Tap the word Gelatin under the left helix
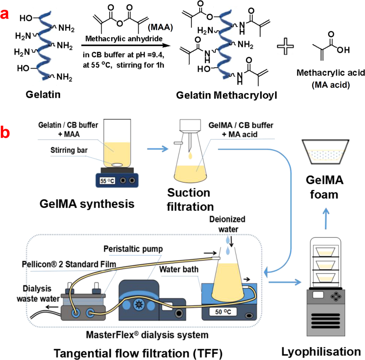[43, 94]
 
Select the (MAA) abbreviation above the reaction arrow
[160, 27]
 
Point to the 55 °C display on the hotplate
[107, 181]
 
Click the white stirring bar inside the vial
[117, 164]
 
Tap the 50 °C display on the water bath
[223, 312]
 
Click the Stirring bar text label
[69, 150]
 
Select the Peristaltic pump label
[133, 249]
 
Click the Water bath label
[179, 269]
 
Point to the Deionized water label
[228, 224]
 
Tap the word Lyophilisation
[321, 351]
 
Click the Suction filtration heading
[190, 199]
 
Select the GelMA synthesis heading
[87, 203]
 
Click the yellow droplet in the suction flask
[190, 156]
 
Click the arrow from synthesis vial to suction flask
[158, 149]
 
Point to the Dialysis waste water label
[38, 293]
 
